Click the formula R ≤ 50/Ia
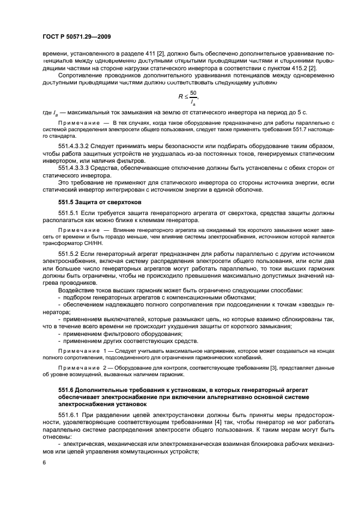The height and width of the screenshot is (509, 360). (x=188, y=96)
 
